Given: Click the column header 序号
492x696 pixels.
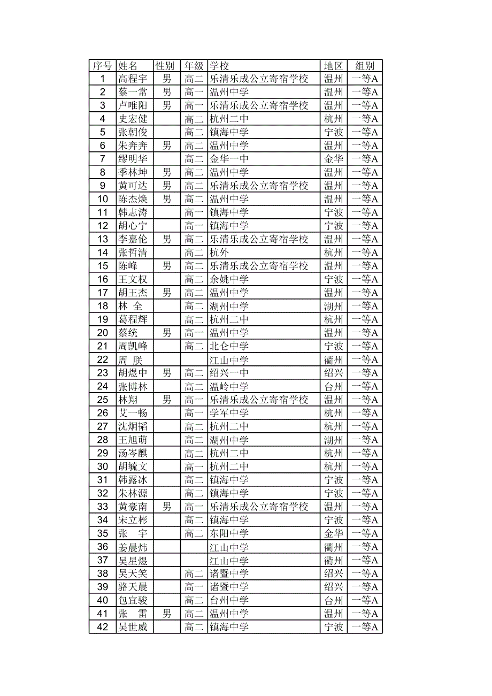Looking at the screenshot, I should pos(102,66).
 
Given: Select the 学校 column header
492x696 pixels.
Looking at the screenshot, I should pos(219,66).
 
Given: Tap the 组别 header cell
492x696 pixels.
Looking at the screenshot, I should pos(365,66).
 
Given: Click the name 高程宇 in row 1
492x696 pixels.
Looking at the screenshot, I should pos(133,79).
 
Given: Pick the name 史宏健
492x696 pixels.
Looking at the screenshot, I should pos(133,119).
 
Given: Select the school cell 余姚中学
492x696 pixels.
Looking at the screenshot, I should pos(229,280).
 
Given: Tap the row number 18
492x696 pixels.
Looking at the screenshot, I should pos(103,307).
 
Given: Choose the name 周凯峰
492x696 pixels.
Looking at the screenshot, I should pos(133,347).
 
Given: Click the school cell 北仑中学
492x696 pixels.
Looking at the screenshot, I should pos(229,347).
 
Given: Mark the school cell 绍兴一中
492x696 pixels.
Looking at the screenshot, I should pos(229,373).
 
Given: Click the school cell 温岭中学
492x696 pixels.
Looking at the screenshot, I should pos(229,387).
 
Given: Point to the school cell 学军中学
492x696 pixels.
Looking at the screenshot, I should pos(229,414).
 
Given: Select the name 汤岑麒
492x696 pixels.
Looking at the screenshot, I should pos(133,454).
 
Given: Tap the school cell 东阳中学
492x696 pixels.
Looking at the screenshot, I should pos(229,534).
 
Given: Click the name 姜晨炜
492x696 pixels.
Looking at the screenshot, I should pos(133,547).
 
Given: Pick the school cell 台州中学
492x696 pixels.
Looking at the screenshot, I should pos(229,601).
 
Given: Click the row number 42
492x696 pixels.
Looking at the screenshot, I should pos(103,628).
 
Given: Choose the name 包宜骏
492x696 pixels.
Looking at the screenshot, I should pos(133,601).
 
